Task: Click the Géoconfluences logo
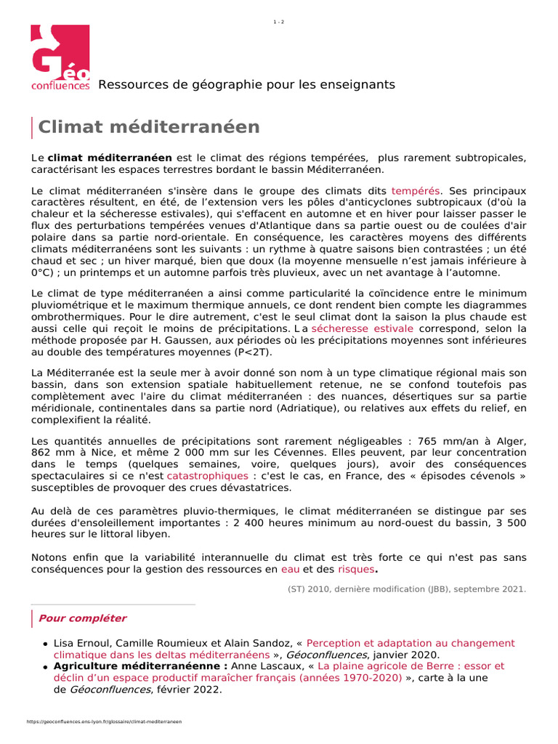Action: (60, 58)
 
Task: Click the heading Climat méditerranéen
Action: (148, 127)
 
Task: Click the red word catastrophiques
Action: (207, 475)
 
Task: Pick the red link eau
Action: (290, 570)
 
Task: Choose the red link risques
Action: (356, 570)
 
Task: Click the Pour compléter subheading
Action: (82, 618)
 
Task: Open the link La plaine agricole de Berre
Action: (411, 666)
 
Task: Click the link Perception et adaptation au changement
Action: (411, 643)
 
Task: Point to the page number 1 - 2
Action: (279, 22)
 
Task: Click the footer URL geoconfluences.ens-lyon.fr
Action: (104, 722)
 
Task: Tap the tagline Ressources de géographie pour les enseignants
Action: (246, 85)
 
